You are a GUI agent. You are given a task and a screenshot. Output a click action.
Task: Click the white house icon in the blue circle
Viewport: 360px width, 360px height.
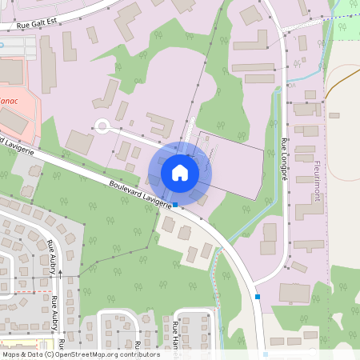click(179, 172)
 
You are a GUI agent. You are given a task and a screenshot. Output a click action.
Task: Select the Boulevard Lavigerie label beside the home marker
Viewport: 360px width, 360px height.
click(141, 194)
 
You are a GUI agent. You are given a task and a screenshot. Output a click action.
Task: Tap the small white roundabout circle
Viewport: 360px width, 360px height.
click(102, 125)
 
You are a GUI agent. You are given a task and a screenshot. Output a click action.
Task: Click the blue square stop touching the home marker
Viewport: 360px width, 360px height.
click(176, 206)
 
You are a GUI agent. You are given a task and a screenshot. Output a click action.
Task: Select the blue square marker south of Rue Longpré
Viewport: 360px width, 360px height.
click(258, 297)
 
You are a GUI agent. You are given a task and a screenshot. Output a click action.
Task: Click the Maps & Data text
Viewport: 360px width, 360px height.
click(22, 354)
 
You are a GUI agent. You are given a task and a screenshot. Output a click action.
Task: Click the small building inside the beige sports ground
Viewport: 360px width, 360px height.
click(334, 115)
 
